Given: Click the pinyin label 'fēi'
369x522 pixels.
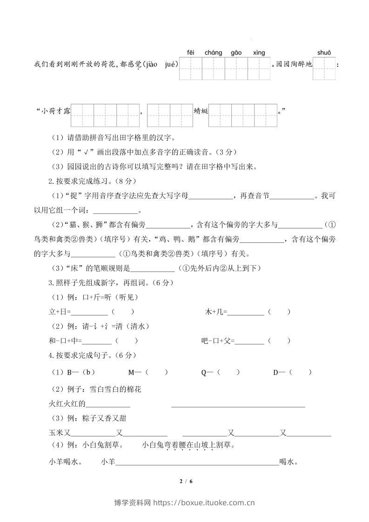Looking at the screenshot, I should tap(190, 53).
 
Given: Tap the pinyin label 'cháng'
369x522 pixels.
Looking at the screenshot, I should tap(213, 53).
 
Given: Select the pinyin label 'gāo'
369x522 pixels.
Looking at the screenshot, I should tap(236, 53).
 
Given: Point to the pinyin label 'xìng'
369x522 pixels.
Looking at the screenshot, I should tap(259, 53).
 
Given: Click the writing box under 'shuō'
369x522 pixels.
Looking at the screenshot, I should tap(324, 68).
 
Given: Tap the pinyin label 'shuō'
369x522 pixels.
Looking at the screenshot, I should tap(324, 53).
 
